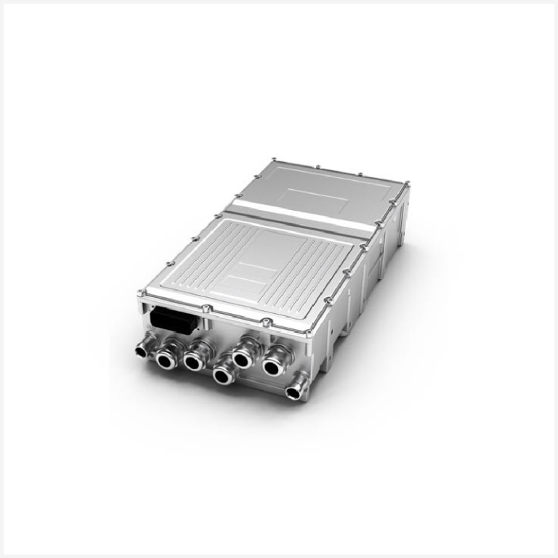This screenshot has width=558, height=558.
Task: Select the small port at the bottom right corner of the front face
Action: (294, 392)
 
